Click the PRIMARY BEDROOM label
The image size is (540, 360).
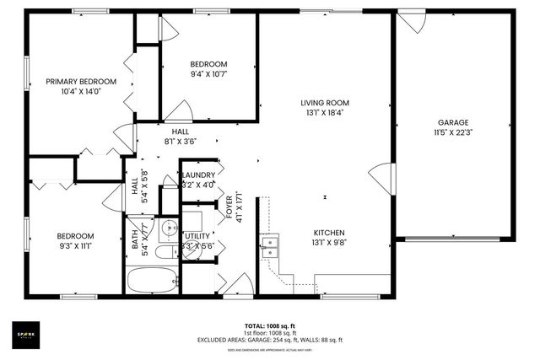pos(80,82)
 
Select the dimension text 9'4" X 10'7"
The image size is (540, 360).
pos(208,74)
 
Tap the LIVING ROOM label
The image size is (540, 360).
pos(324,103)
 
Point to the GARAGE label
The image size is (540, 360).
pos(452,122)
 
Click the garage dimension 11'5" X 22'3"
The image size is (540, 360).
pos(452,132)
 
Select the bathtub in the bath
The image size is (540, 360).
pos(149,278)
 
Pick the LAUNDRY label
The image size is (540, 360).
pos(199,175)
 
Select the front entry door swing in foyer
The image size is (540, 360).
pos(239,282)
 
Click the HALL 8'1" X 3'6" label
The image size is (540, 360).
pos(181,137)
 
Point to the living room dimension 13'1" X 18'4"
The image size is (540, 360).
pos(324,113)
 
